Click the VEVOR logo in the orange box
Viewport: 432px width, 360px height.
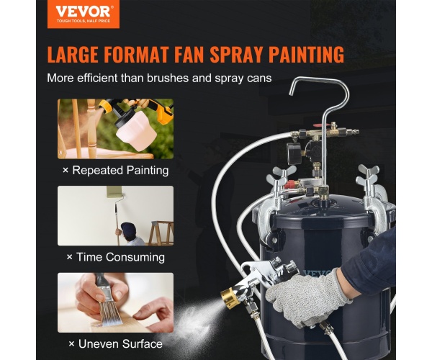(x=84, y=14)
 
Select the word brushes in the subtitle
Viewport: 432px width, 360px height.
(x=168, y=78)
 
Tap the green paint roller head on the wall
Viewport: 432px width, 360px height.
(x=114, y=192)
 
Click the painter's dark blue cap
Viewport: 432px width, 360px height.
(x=128, y=228)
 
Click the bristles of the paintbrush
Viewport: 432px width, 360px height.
(x=109, y=314)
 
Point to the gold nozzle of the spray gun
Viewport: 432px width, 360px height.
(x=230, y=298)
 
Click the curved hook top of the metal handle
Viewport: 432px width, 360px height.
(x=320, y=82)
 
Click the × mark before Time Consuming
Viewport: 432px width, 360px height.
(x=69, y=257)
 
